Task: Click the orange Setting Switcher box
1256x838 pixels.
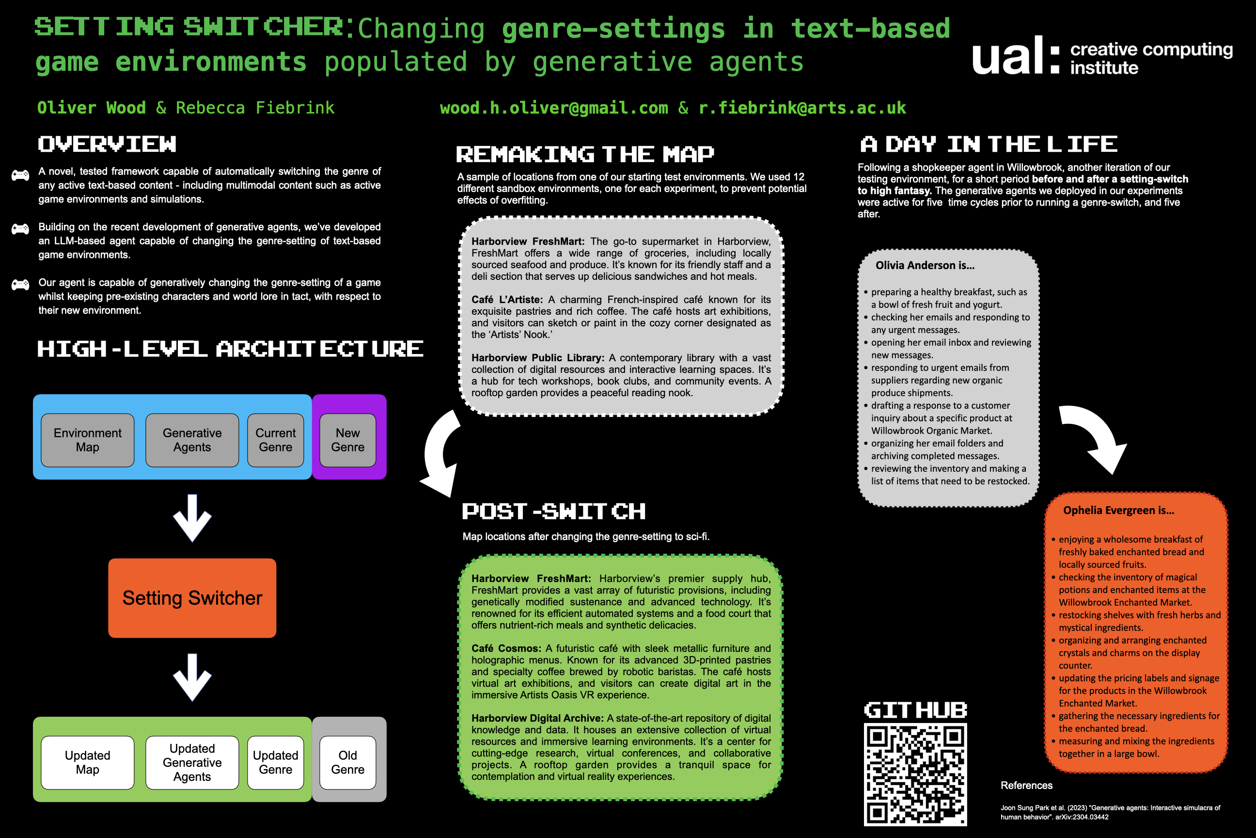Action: [x=192, y=597]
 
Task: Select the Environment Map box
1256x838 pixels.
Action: [x=88, y=440]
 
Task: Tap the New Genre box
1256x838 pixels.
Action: [x=347, y=440]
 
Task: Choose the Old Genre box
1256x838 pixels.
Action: [x=347, y=762]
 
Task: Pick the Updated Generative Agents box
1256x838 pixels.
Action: [x=192, y=762]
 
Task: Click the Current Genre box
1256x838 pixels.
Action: [x=276, y=440]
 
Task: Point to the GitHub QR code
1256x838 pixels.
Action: [x=915, y=774]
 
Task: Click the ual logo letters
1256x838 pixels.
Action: [x=1007, y=56]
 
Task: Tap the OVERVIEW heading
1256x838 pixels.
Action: [x=107, y=145]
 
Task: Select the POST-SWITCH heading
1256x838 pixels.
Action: [x=554, y=512]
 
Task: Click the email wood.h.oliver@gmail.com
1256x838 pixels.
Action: [x=554, y=108]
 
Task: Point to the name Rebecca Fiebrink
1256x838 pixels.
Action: [x=255, y=108]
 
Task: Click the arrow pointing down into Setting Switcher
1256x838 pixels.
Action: [x=192, y=517]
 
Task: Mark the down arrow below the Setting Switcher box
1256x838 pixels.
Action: [x=192, y=677]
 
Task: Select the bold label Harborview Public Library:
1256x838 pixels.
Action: [x=538, y=357]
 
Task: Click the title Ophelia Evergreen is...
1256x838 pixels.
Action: [x=1118, y=510]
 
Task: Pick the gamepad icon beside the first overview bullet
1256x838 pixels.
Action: [x=20, y=175]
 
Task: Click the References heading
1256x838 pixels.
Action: [x=1026, y=785]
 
